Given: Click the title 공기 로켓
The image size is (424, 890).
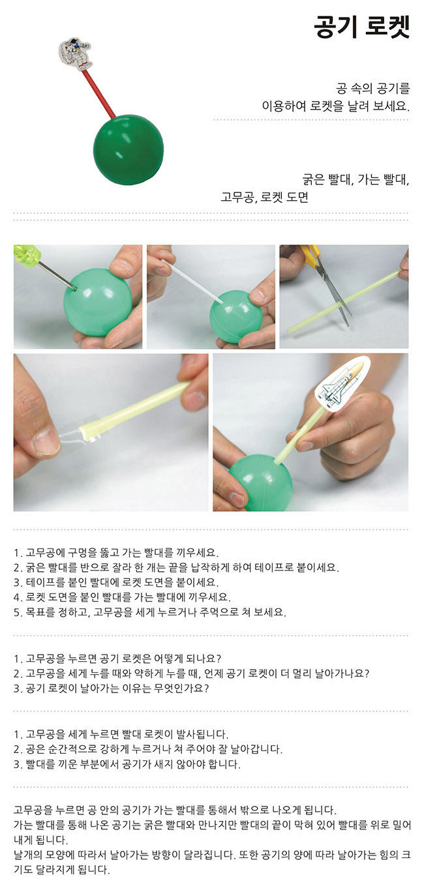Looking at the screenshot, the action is [361, 27].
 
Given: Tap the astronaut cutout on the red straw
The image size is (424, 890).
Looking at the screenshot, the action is [76, 55].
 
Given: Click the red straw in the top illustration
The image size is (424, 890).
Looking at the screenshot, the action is [98, 94].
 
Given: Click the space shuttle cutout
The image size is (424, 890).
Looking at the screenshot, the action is [343, 382].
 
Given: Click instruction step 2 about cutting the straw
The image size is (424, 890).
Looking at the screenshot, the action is [176, 567].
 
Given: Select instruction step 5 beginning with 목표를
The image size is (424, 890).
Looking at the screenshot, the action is [150, 612].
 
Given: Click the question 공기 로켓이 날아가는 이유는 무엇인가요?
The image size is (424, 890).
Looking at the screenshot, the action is [112, 688].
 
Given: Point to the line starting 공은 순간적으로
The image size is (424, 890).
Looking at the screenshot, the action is [148, 749].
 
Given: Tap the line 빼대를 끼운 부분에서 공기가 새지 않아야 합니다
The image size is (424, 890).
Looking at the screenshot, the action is [127, 764].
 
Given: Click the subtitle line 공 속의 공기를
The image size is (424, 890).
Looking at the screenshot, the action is [372, 88].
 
